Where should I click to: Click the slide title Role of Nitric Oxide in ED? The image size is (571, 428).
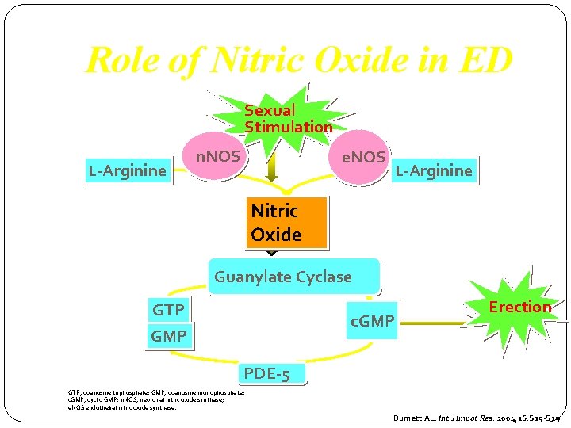point(299,60)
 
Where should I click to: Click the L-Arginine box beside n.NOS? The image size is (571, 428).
point(128,170)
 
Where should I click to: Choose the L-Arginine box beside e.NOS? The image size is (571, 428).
point(433,170)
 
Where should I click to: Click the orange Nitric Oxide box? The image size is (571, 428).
point(285,223)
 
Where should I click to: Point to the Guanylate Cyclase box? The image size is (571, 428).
point(293,277)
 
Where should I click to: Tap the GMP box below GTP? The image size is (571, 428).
point(169,336)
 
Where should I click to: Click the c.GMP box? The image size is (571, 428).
point(372,321)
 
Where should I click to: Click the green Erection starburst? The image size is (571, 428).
point(513,308)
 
